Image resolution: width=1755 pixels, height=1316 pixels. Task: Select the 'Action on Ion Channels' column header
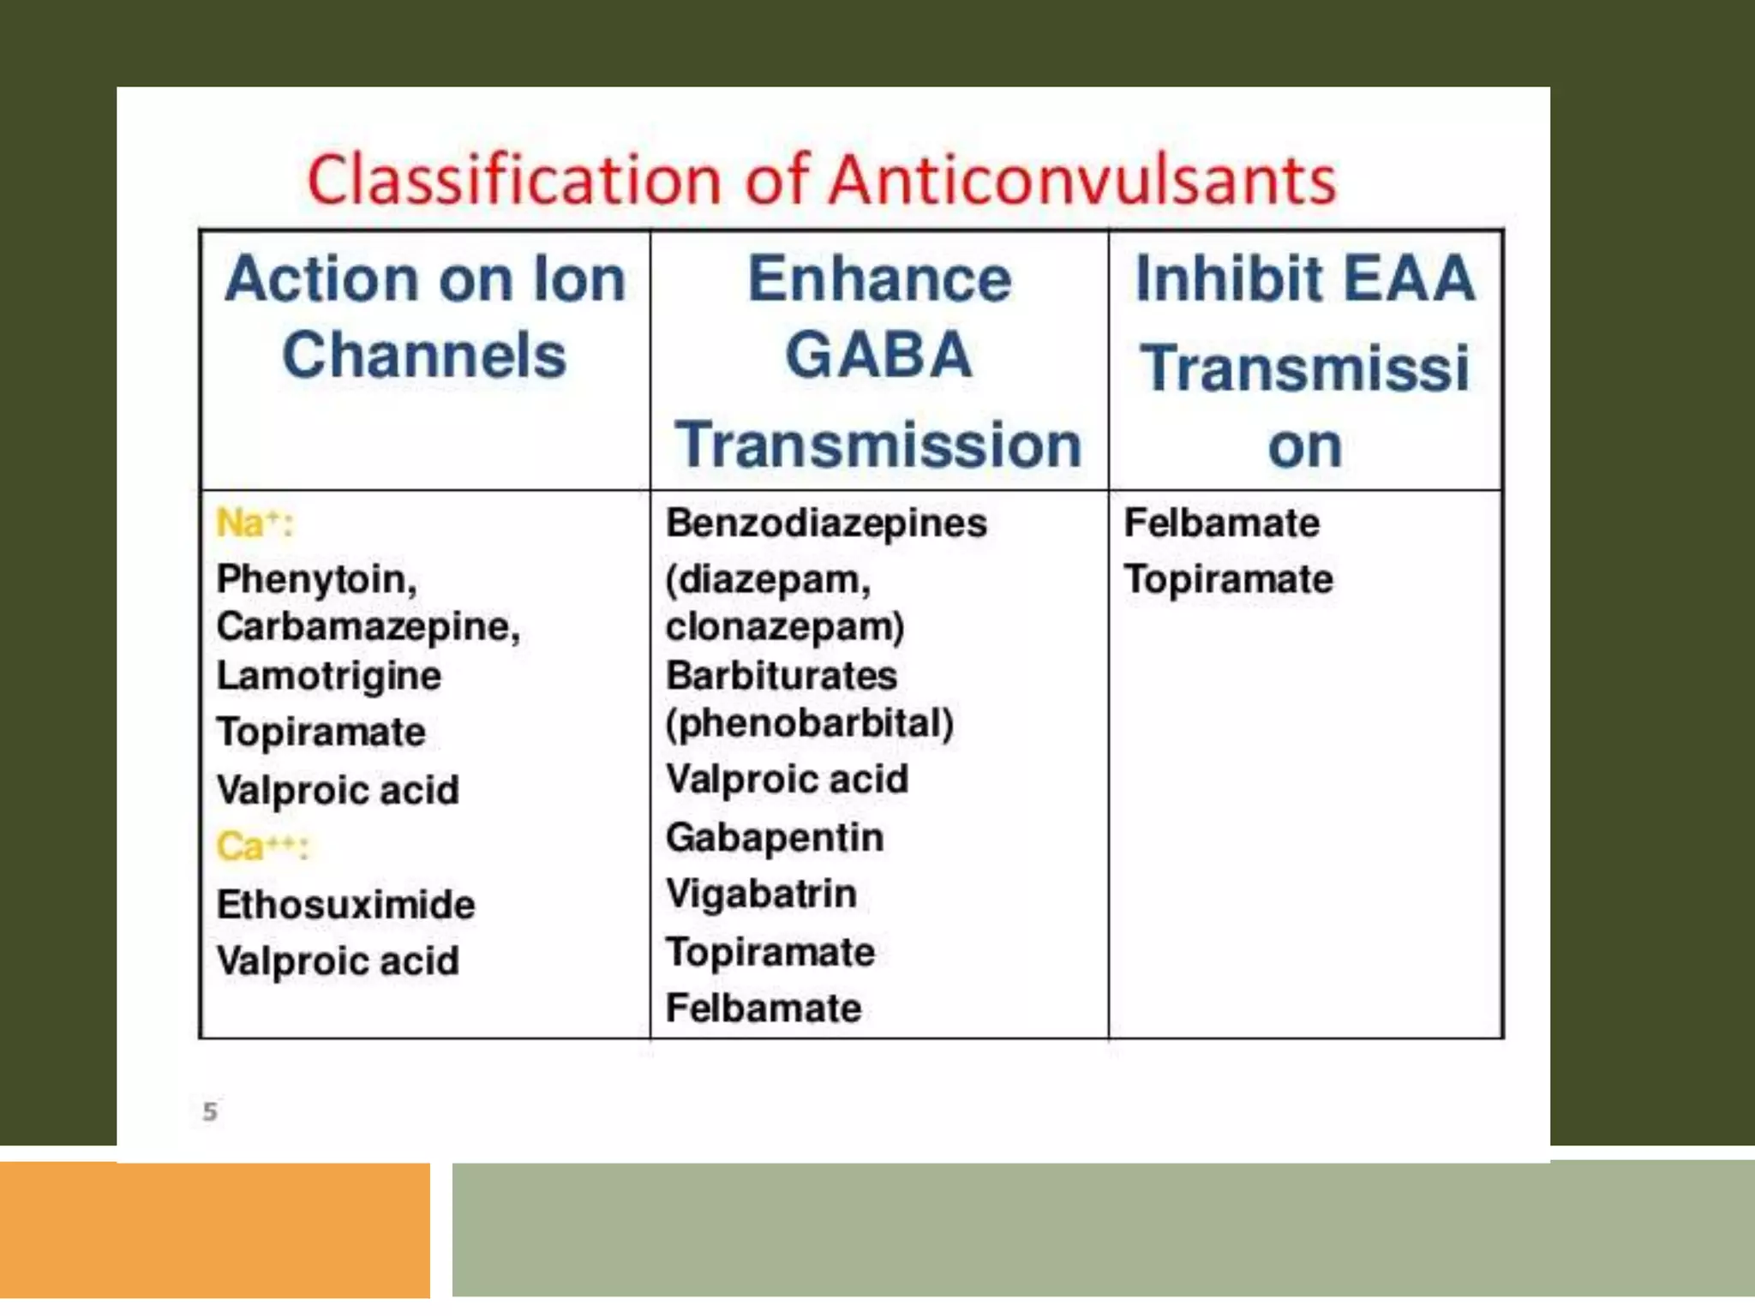point(425,317)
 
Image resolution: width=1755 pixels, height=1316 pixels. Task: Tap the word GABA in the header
point(878,356)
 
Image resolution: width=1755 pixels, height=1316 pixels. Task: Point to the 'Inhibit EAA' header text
point(1304,279)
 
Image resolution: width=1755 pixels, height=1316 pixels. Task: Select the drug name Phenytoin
point(315,579)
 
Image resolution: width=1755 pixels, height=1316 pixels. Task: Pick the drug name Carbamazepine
point(367,626)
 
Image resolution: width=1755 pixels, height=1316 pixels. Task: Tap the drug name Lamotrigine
point(328,676)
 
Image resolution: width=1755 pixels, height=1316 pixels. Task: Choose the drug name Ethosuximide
point(345,905)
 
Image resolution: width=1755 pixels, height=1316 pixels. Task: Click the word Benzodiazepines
point(826,523)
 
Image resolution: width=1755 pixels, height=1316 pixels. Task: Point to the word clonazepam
point(783,626)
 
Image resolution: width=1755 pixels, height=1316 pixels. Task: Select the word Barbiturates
point(782,676)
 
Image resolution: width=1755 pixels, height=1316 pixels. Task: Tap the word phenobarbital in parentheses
point(810,723)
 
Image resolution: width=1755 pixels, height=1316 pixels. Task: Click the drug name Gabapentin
point(774,837)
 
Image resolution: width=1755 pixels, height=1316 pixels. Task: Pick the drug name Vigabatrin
point(761,894)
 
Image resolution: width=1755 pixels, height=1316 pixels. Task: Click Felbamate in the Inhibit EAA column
point(1221,523)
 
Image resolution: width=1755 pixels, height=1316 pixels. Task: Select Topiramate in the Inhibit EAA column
point(1228,579)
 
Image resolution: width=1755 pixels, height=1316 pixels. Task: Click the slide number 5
point(210,1111)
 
